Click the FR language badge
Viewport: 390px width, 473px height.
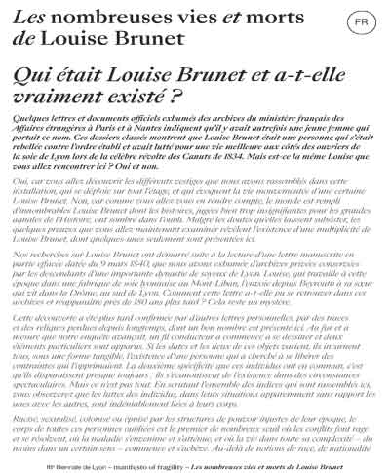pos(359,20)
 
